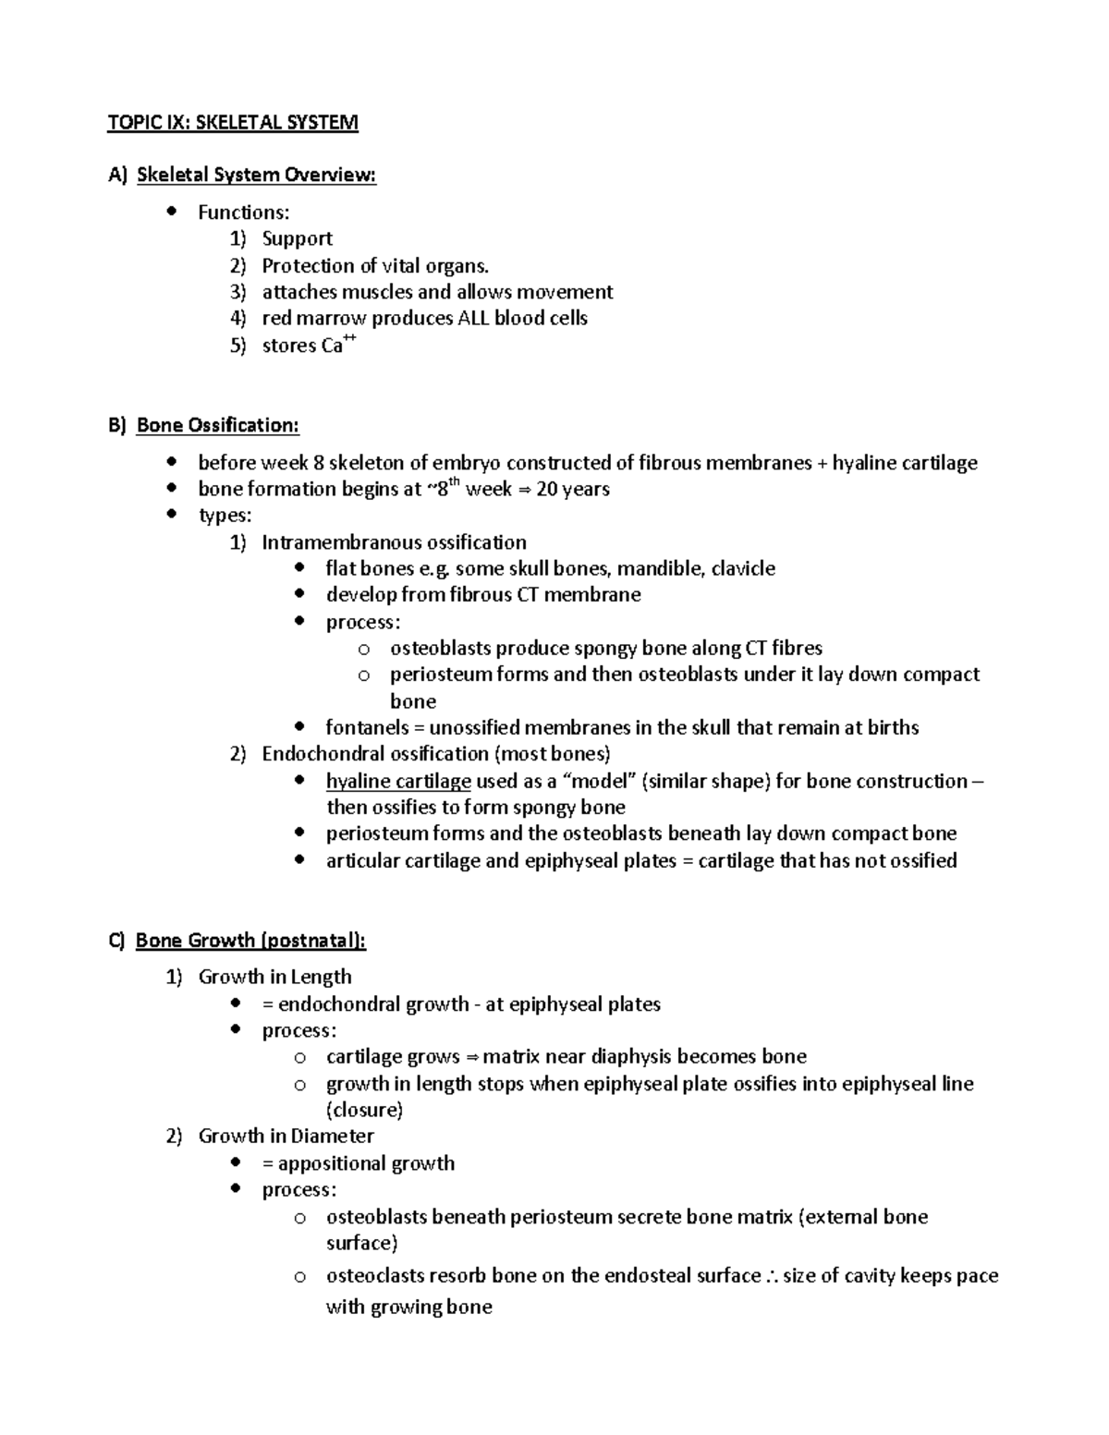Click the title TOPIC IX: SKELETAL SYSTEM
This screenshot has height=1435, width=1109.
233,123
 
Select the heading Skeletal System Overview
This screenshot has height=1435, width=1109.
256,175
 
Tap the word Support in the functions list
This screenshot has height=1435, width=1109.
297,238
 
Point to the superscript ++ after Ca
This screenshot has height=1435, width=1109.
349,340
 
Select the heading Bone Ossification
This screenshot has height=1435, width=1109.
217,425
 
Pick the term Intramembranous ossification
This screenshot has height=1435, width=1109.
394,542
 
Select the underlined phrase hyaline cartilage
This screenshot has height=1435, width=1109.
398,781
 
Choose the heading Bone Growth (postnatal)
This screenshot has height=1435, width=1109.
250,941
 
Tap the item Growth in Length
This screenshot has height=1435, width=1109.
274,977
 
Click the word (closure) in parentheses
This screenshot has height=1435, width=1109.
364,1110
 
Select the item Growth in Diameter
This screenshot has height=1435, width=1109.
286,1136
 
